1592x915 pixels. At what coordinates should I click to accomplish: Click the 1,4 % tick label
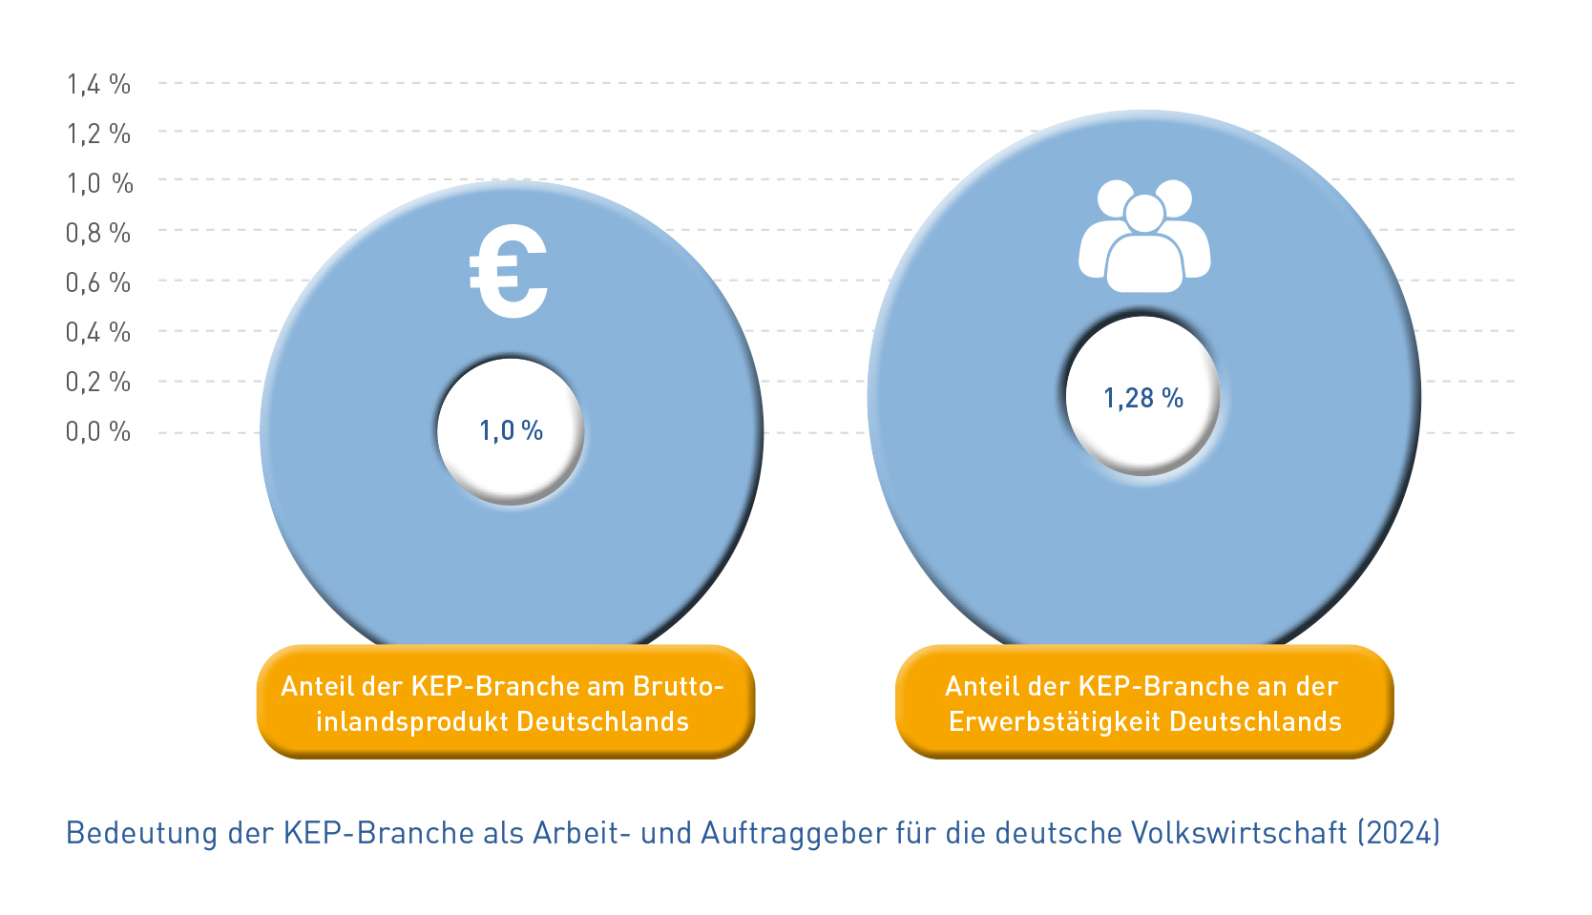98,85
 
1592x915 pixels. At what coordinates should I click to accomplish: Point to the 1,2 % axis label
98,135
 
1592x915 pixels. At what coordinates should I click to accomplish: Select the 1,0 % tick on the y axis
99,183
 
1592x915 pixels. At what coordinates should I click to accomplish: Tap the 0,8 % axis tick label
98,233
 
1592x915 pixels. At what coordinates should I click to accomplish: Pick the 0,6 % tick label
98,282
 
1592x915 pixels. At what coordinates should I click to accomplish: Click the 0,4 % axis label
98,332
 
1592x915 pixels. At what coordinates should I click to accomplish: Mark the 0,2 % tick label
98,382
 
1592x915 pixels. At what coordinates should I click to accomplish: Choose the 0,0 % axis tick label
98,431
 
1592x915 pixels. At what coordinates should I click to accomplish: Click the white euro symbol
509,273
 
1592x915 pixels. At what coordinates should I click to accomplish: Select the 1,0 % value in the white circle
511,431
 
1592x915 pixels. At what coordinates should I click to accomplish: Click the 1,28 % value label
1143,398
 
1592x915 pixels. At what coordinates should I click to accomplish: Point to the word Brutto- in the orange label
679,686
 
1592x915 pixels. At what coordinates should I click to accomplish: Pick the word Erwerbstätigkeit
1055,721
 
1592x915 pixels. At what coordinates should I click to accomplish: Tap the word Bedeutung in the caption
141,833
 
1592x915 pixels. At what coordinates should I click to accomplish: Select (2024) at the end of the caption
1398,833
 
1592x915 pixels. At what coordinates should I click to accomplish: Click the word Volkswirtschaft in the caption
1238,833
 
